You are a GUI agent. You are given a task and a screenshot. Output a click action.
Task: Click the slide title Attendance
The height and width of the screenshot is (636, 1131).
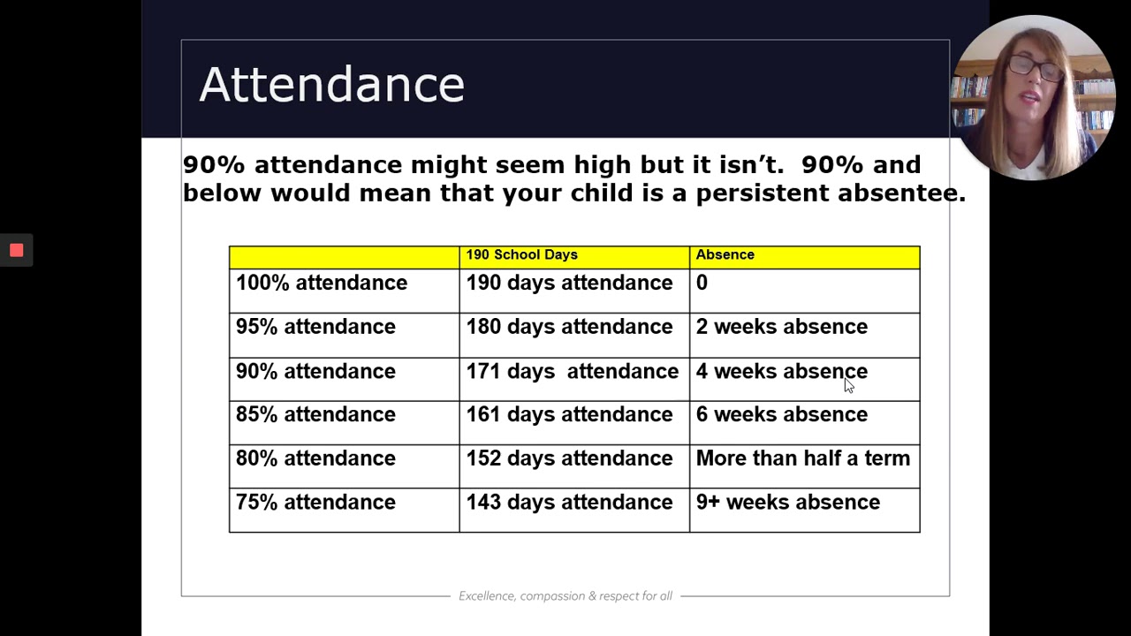click(x=331, y=85)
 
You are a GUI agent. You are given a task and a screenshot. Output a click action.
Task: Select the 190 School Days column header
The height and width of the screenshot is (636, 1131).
click(x=521, y=254)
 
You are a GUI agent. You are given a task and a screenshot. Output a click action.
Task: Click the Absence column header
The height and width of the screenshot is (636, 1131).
click(x=725, y=254)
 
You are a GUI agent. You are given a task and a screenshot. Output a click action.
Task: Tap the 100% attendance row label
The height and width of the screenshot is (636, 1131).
click(x=322, y=283)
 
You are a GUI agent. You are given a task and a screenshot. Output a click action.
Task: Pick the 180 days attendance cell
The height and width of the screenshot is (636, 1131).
click(x=569, y=327)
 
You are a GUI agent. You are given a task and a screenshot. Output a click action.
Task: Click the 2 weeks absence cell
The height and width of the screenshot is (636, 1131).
click(x=781, y=327)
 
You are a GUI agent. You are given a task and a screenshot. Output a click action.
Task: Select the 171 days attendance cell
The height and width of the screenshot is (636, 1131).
click(x=572, y=371)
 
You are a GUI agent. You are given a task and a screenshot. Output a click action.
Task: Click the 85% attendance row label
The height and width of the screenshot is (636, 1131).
click(x=315, y=414)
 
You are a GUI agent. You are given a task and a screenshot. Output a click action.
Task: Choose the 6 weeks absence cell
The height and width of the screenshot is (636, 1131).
click(x=781, y=414)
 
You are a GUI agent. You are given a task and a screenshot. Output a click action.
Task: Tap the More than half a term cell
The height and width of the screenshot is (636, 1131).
click(x=802, y=458)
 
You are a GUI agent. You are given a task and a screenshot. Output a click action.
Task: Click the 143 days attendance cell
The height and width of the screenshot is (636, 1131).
click(x=569, y=502)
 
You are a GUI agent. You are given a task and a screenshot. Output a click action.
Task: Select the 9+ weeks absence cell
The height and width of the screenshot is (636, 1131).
click(x=787, y=502)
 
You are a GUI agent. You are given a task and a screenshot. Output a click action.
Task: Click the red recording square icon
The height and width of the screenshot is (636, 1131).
click(x=16, y=250)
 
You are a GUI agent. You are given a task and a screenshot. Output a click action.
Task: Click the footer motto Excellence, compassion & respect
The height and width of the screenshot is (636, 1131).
click(x=565, y=596)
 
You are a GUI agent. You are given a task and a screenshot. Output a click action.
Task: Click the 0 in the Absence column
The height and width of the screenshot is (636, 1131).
click(x=702, y=283)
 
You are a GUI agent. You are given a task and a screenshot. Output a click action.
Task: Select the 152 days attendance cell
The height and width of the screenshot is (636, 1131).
click(x=569, y=458)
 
